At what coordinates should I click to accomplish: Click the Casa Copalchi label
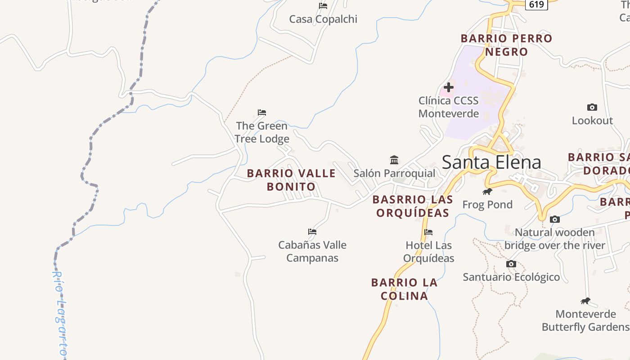point(323,19)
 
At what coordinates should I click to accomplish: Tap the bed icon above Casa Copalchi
point(323,6)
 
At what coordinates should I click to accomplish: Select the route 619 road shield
point(536,4)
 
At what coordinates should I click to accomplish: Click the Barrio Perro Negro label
point(506,45)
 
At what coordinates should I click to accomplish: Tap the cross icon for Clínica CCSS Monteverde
point(449,87)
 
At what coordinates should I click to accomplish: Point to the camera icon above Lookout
point(592,107)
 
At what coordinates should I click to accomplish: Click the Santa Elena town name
point(491,162)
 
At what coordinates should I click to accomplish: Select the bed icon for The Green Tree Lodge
point(262,112)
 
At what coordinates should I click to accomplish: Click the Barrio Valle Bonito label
point(291,180)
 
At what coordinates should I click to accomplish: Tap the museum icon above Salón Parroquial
point(394,160)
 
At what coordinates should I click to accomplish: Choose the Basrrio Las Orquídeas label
point(413,206)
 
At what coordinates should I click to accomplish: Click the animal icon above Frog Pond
point(487,192)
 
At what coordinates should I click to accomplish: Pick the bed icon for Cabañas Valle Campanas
point(312,232)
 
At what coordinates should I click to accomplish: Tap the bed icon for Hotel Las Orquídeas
point(428,232)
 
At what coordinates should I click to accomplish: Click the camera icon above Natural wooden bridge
point(555,219)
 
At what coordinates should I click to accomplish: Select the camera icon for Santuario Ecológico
point(511,264)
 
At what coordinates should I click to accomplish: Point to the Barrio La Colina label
point(404,289)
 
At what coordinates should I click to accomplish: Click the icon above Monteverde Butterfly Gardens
point(585,301)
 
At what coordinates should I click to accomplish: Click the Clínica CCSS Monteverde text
point(449,107)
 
